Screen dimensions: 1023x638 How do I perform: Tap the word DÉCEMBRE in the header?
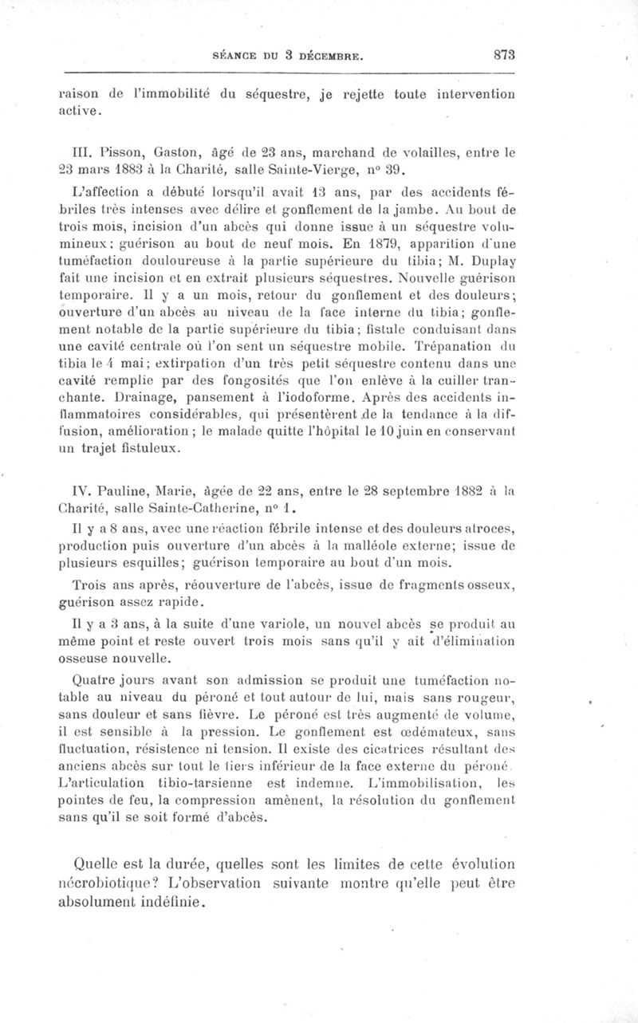[330, 57]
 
